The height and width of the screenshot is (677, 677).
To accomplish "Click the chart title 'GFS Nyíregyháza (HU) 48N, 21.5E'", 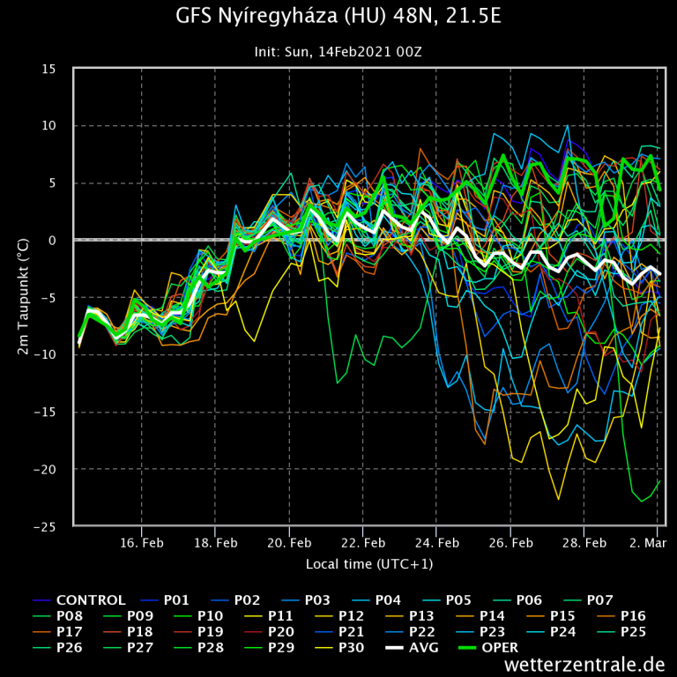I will click(338, 17).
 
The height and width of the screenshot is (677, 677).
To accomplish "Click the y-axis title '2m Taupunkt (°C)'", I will click(23, 297).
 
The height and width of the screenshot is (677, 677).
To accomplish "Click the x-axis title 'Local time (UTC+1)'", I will click(369, 563).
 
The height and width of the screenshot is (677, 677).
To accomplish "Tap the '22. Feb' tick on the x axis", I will click(362, 542).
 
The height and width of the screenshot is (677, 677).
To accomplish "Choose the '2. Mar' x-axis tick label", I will click(648, 542).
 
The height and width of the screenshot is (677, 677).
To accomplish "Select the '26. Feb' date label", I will click(510, 542).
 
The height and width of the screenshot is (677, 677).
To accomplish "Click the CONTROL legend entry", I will click(92, 600).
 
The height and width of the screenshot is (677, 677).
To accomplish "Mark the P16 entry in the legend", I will click(635, 615).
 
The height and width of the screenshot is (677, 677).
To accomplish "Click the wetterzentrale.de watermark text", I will click(584, 664).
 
